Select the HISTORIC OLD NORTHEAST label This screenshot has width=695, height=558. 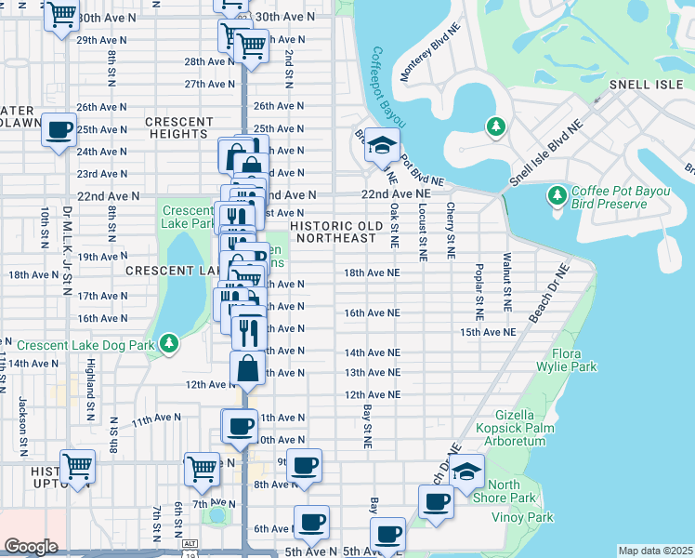pos(335,232)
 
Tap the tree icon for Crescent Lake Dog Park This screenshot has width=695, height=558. pos(168,344)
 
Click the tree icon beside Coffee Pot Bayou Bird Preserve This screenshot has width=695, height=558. pos(557,195)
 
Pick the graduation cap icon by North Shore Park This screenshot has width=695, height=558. pos(467,471)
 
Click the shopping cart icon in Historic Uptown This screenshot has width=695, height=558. pos(78,465)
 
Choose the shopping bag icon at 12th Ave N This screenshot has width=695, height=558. pos(248,369)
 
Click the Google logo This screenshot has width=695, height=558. pos(31,547)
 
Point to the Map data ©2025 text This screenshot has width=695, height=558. pos(655,551)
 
